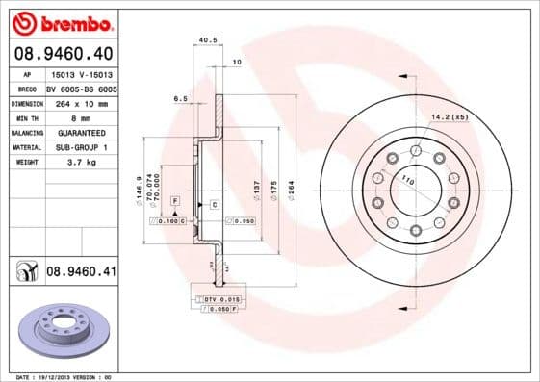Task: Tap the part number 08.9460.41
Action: click(x=81, y=272)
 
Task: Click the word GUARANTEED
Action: click(x=79, y=132)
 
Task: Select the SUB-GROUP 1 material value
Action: click(x=79, y=147)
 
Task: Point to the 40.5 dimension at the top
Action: click(x=204, y=40)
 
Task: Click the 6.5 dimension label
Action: click(x=180, y=98)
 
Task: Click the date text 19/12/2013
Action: click(x=65, y=376)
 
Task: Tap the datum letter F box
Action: click(x=175, y=198)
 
